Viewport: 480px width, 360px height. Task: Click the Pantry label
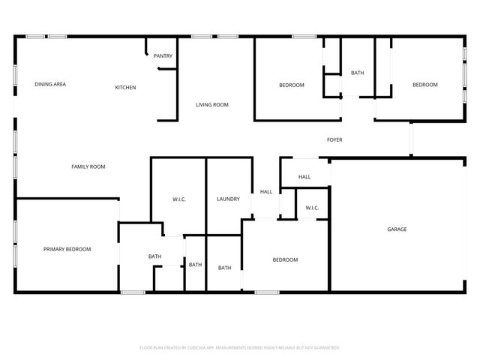coord(163,55)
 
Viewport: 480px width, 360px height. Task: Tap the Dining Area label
coord(50,84)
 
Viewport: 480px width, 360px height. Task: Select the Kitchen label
coord(125,88)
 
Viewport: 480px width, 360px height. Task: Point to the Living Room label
coord(212,104)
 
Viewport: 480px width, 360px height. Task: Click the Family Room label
coord(88,166)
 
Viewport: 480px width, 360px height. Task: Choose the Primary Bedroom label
coord(67,249)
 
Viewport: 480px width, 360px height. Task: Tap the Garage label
coord(397,229)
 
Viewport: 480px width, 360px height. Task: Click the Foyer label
coord(334,139)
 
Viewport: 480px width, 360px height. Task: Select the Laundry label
coord(228,199)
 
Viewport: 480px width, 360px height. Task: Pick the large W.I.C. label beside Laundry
coord(179,199)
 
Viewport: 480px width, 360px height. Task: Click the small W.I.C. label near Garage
coord(312,208)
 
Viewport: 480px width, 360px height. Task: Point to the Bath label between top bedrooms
coord(357,73)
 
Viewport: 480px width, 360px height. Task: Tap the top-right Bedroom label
coord(424,85)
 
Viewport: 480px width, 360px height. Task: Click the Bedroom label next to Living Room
coord(292,85)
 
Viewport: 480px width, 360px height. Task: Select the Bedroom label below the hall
coord(285,259)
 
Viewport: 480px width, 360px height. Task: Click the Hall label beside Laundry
coord(266,191)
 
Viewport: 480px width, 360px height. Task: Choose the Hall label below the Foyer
coord(304,177)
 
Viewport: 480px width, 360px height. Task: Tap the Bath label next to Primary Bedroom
coord(154,256)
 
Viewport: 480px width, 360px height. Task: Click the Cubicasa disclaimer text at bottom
coord(240,348)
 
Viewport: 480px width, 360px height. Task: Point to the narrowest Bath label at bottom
coord(195,265)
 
